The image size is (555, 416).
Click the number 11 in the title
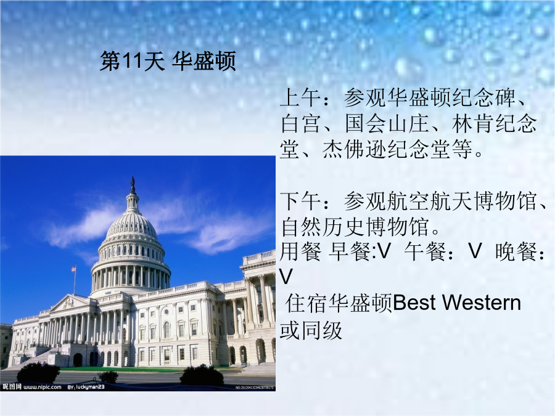(126, 61)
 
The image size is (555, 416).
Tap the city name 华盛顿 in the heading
(204, 61)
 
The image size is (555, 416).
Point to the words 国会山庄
(387, 124)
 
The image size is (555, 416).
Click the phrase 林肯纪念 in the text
(494, 124)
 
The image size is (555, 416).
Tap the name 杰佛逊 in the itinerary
(355, 149)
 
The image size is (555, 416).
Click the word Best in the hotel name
(414, 303)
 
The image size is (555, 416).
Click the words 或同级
(311, 330)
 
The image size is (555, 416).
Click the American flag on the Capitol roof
(73, 269)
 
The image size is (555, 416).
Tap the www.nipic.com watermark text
(43, 387)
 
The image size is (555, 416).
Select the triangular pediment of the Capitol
(69, 303)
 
